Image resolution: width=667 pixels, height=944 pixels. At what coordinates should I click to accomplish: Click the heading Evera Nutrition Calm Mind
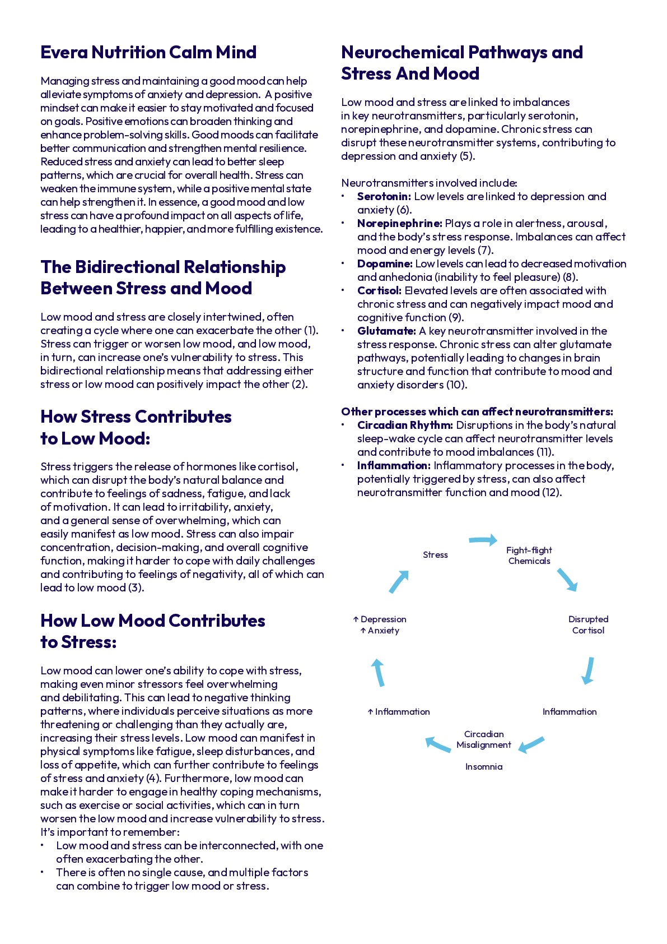148,52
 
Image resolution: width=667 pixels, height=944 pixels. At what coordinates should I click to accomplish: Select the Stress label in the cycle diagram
435,554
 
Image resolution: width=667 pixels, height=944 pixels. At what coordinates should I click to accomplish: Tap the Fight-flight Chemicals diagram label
529,556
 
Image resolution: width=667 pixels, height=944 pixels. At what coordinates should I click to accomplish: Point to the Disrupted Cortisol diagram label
588,624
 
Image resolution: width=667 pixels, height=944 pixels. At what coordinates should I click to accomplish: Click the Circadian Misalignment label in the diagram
483,739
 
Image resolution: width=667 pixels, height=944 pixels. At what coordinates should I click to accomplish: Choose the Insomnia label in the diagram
483,766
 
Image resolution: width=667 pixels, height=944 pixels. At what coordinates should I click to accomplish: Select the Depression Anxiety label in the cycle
380,624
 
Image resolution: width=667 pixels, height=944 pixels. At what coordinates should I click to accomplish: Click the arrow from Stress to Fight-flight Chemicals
483,540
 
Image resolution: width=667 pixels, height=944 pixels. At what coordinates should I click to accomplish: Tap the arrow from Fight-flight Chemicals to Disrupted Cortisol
567,580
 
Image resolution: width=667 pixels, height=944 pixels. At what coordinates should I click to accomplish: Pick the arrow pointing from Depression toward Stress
399,581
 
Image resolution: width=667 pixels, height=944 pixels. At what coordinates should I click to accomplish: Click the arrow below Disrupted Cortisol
588,670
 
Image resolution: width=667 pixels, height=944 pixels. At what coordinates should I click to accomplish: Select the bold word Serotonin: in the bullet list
384,196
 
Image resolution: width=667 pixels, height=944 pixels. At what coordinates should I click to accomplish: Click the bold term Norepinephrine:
399,223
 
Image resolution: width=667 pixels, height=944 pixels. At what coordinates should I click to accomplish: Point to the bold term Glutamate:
386,331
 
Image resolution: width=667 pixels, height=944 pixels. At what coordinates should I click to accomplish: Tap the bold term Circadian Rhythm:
405,425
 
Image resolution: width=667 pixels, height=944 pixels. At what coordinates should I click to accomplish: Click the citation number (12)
552,492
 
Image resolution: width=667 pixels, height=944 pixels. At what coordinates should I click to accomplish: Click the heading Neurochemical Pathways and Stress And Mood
461,63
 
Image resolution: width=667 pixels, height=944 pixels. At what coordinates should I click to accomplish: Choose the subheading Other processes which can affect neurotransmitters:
477,411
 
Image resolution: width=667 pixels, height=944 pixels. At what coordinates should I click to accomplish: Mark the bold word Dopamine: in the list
385,263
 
